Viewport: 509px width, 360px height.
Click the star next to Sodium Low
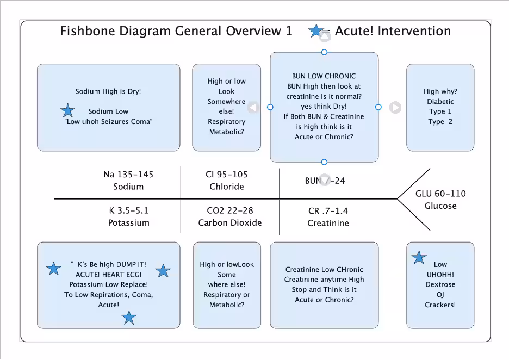tap(67, 111)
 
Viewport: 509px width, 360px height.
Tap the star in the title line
tap(315, 31)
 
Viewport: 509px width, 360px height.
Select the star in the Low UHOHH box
tap(419, 258)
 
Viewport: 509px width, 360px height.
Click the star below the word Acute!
tap(129, 318)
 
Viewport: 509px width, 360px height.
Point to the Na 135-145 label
tap(128, 175)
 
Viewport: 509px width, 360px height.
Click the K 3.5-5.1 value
tap(128, 210)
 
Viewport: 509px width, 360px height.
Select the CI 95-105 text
tap(226, 175)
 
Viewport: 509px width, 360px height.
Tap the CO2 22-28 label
tap(230, 210)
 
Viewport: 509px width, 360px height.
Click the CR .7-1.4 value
tap(328, 211)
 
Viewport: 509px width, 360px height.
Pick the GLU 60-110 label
tap(440, 194)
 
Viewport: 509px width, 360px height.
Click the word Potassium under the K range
tap(128, 222)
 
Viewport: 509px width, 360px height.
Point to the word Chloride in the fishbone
tap(227, 187)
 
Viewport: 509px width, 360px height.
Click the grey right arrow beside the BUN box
tap(395, 108)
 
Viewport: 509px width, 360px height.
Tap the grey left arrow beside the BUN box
tap(253, 108)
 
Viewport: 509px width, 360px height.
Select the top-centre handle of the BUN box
tap(325, 52)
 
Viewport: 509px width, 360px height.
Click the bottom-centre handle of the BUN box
tap(325, 162)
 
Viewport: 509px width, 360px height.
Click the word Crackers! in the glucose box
tap(440, 305)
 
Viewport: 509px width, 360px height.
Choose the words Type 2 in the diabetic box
tap(440, 122)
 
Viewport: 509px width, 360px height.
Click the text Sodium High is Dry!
tap(108, 91)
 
